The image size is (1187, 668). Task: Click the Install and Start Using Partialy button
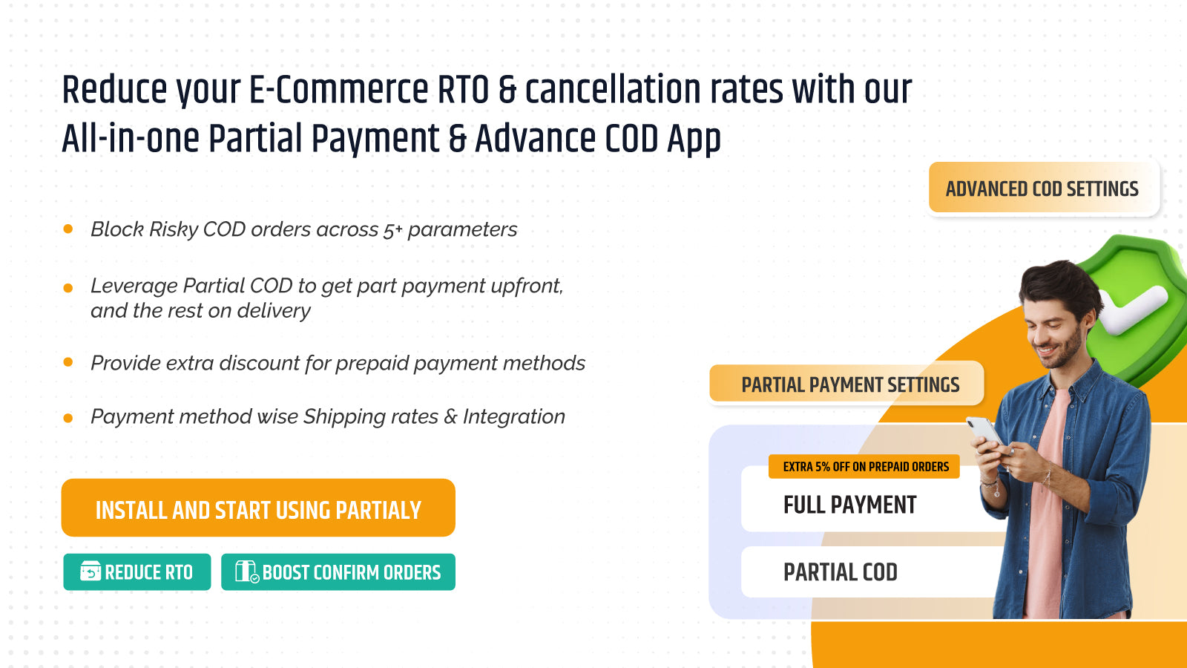click(x=258, y=508)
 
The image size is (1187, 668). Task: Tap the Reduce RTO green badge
click(x=137, y=572)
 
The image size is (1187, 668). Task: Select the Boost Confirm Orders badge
click(x=338, y=572)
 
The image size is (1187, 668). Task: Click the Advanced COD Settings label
click(x=1044, y=188)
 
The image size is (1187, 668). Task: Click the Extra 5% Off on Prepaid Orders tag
click(x=864, y=467)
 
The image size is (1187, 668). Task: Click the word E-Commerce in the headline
click(x=338, y=89)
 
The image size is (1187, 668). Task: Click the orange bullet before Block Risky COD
click(x=68, y=229)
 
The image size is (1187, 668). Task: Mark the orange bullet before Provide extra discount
click(x=68, y=362)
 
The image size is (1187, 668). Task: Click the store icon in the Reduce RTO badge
click(x=90, y=571)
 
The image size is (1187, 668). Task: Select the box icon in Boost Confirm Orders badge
click(x=246, y=572)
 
